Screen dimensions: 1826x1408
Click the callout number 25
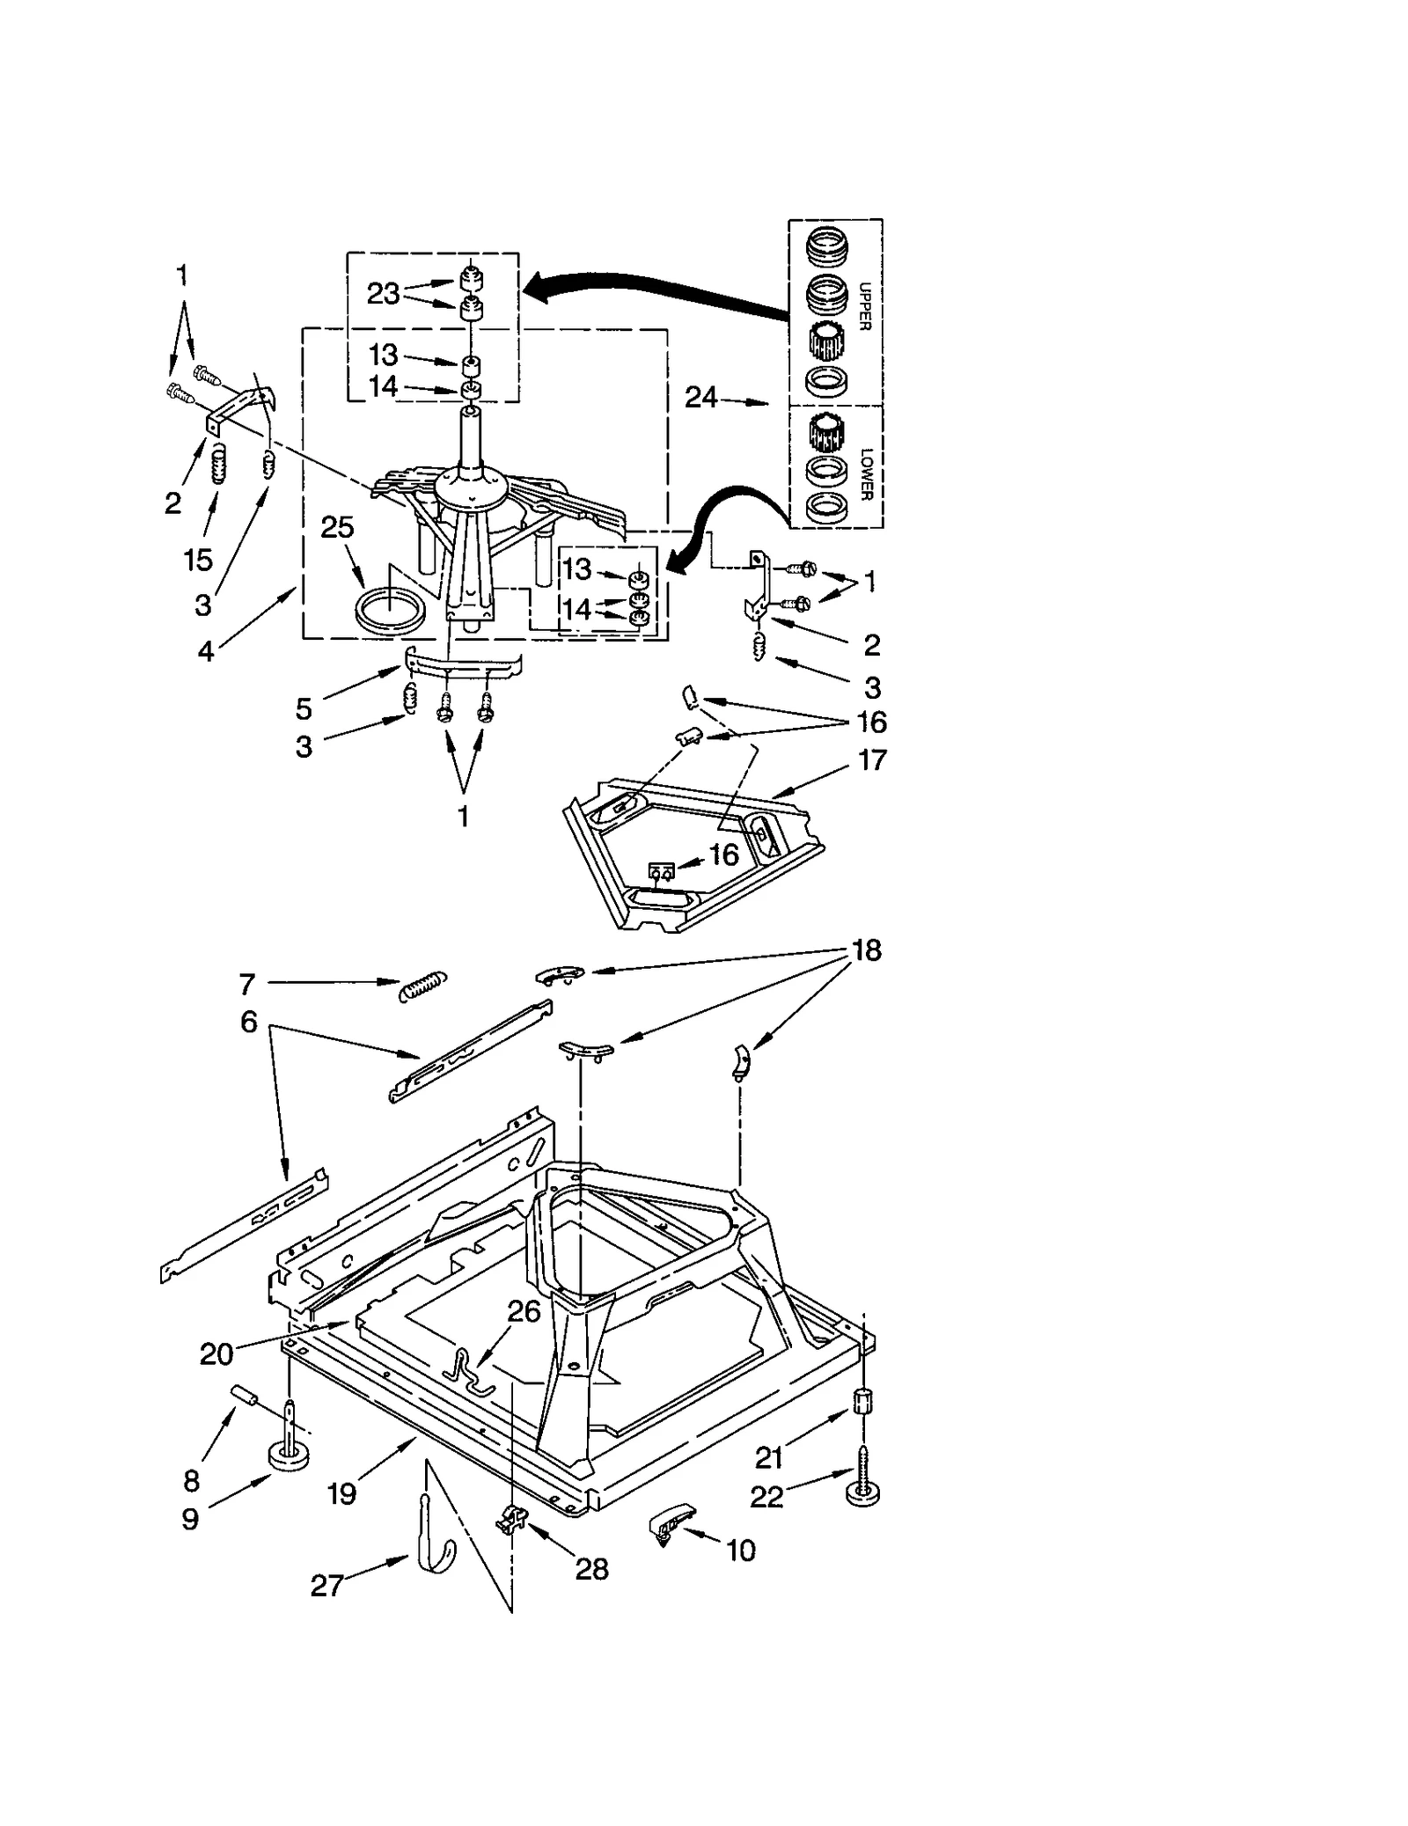[337, 527]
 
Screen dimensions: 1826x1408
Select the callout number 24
[701, 398]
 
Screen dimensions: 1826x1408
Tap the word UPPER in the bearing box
[863, 306]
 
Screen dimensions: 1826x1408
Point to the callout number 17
[871, 759]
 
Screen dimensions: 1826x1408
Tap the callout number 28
[591, 1568]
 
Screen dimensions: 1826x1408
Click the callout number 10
[741, 1551]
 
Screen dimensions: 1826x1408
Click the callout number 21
[768, 1458]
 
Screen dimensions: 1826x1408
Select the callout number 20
[216, 1353]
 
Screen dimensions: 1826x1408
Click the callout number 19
[341, 1493]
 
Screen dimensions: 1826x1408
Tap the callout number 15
[198, 559]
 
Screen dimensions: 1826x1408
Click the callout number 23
[383, 293]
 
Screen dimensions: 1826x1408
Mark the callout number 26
[524, 1311]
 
